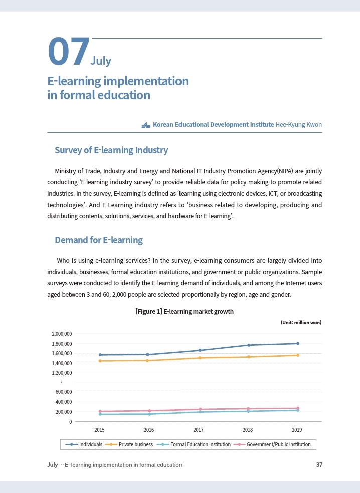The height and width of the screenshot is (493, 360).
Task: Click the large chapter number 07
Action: [68, 52]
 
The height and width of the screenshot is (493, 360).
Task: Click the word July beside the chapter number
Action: [101, 61]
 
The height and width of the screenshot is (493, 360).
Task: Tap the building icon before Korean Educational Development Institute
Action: [146, 125]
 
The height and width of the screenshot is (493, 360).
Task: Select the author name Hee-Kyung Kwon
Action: [299, 124]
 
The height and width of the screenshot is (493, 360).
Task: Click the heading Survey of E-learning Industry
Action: [111, 150]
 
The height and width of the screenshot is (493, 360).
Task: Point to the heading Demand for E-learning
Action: [99, 240]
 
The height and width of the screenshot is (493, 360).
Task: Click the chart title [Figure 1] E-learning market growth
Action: [185, 312]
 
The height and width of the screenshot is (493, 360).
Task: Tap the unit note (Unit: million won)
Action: [301, 322]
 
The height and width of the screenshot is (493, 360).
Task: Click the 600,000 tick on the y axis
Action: [64, 392]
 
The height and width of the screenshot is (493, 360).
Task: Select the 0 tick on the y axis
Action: [71, 422]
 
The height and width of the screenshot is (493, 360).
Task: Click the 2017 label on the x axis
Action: [198, 430]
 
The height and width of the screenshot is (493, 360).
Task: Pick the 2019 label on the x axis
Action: [297, 430]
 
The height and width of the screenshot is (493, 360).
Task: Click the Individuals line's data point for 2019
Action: [298, 344]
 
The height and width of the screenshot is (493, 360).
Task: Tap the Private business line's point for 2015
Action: [100, 361]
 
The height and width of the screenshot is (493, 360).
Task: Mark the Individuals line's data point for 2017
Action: [200, 350]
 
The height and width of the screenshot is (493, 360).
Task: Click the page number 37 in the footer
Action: [319, 465]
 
